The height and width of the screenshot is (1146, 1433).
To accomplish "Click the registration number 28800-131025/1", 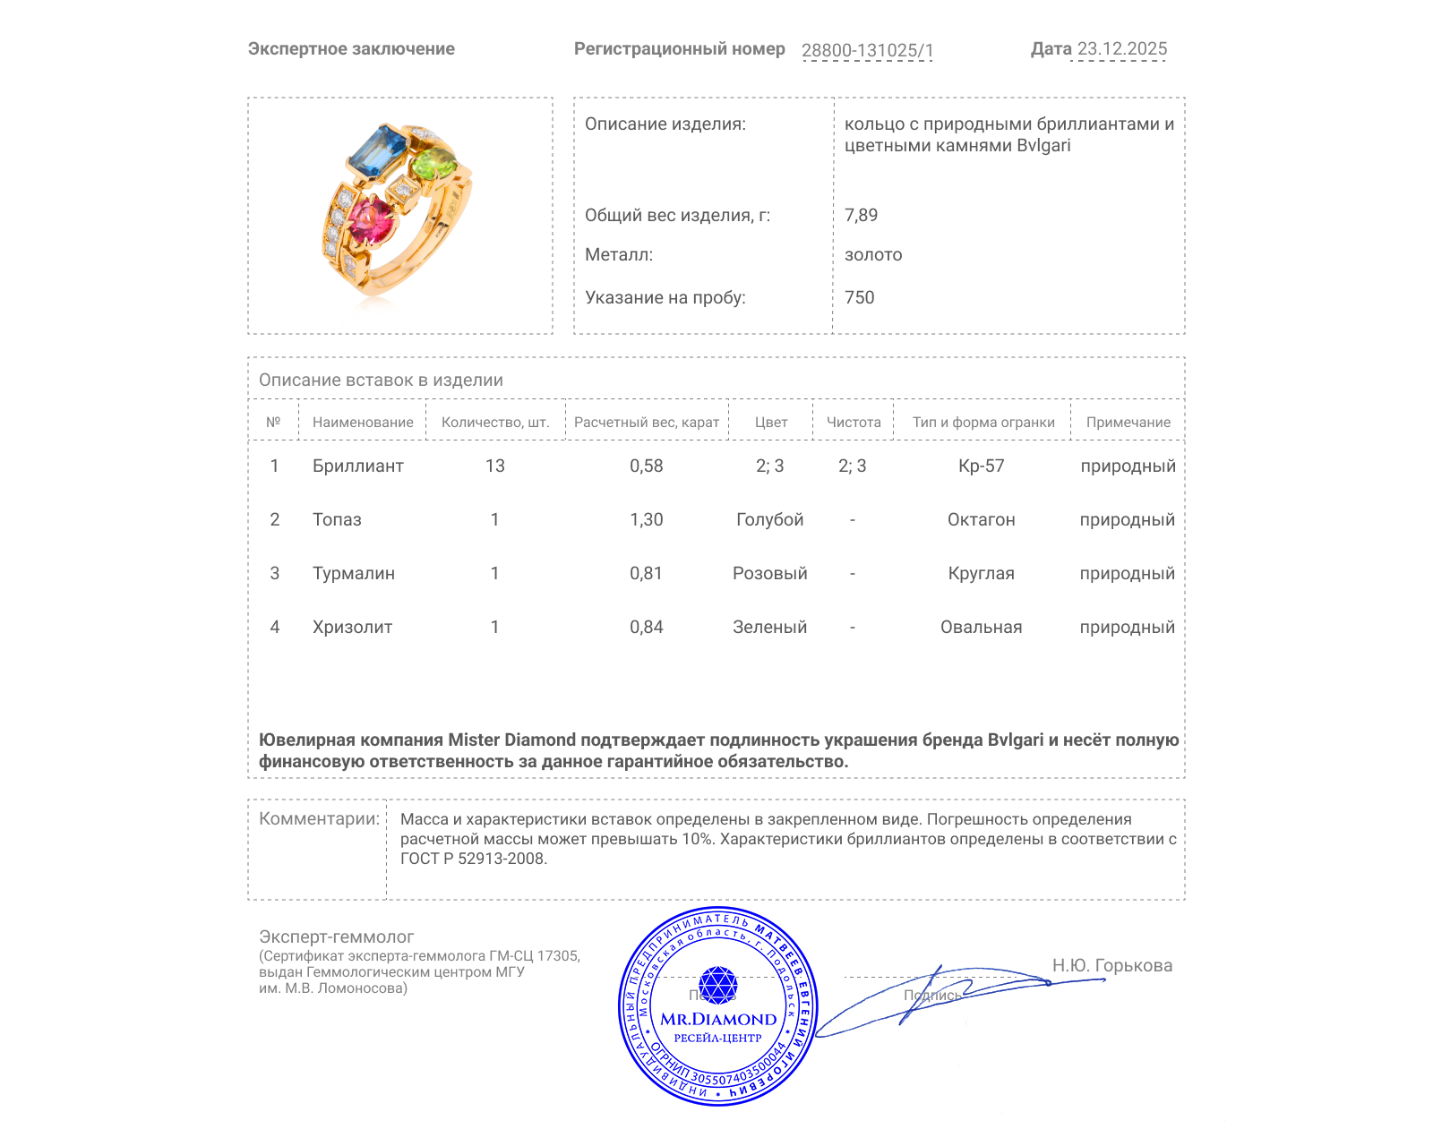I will coord(867,50).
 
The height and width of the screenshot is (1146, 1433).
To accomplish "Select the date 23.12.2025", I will coord(1121,49).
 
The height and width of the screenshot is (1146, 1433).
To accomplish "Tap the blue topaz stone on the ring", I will coord(377,152).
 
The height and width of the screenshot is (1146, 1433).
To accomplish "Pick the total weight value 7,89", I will coord(861,215).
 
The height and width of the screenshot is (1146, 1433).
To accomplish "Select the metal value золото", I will coord(873,254).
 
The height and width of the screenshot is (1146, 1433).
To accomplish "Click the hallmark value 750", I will coord(859,297).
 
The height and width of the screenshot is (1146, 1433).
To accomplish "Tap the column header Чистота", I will coord(854,422).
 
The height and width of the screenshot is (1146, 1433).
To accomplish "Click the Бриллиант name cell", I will coord(357,466).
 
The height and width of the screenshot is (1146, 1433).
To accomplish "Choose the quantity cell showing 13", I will coord(494,466).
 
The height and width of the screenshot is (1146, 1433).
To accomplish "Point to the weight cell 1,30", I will coord(646,519).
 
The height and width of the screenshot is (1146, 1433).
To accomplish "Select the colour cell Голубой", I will coord(769,519).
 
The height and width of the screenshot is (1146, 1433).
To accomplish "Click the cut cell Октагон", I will coord(981,519).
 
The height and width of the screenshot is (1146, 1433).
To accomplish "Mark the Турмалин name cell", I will coord(353,573).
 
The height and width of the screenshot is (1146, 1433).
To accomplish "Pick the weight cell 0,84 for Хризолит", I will coord(646,627).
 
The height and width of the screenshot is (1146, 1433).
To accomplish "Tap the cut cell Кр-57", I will coord(981,466).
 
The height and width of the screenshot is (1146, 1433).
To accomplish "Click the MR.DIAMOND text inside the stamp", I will coord(718,1019).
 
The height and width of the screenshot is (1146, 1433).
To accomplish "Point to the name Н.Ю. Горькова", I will coord(1111,965).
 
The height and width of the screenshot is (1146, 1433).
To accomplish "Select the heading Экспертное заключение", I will coord(351,49).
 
